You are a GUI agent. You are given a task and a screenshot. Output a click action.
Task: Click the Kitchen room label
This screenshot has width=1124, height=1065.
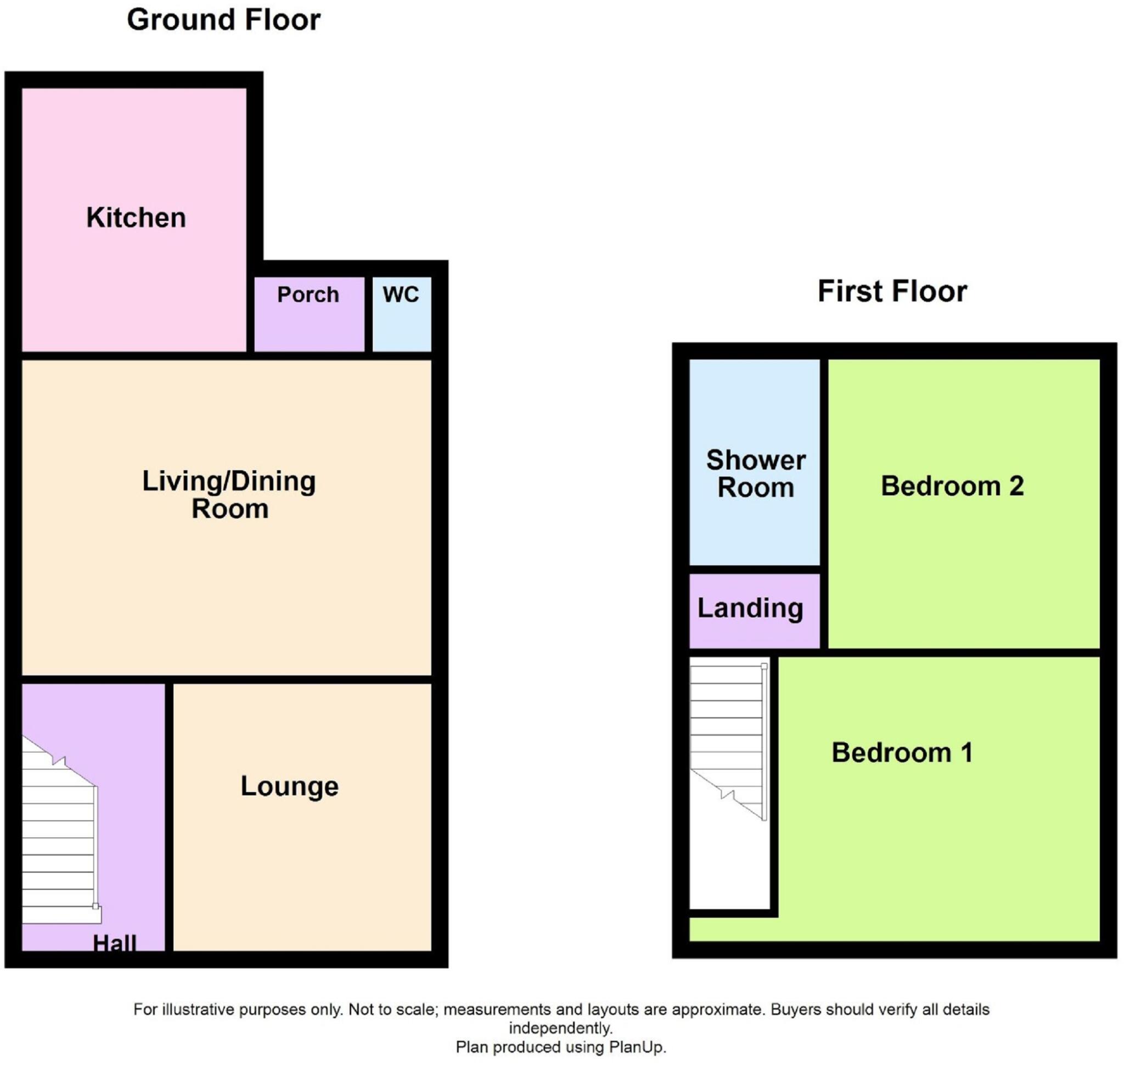(136, 218)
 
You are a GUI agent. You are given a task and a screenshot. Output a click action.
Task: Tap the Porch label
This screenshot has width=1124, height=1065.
(307, 294)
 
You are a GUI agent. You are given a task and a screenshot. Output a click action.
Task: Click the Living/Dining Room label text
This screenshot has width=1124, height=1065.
(229, 494)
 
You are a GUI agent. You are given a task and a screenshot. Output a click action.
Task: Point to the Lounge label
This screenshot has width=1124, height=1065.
(289, 787)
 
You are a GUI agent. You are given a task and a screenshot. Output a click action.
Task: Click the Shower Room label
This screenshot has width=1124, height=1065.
(755, 473)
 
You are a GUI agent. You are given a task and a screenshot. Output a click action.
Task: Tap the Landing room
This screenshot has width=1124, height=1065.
(750, 609)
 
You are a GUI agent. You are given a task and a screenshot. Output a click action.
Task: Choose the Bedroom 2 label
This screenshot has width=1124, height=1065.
(952, 486)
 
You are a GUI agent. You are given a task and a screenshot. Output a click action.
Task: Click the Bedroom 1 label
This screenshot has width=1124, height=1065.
(902, 753)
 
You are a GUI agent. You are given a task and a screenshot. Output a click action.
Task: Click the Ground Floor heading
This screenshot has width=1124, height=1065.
(223, 20)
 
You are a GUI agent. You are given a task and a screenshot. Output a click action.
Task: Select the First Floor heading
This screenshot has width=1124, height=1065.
(891, 291)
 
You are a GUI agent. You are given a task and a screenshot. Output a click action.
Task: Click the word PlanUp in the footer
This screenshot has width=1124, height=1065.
(636, 1047)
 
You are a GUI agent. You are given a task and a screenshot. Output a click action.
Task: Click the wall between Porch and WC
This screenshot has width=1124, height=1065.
(368, 314)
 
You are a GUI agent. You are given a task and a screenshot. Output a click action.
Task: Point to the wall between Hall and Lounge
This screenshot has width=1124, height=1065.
(169, 817)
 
